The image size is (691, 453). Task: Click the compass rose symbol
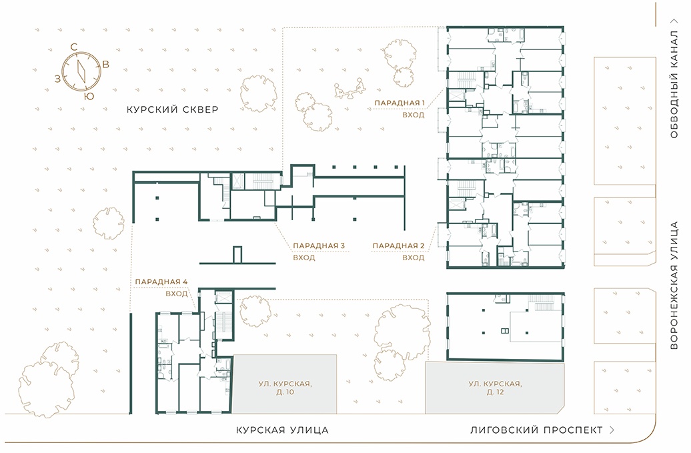(81, 71)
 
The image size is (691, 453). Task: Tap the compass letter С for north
(74, 47)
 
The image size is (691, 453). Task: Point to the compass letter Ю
(89, 96)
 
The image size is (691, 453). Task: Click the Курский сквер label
(172, 109)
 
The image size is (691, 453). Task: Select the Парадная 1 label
(400, 103)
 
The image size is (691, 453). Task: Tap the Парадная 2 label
(398, 246)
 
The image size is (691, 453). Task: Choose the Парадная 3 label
(319, 246)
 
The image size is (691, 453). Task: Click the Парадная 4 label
(161, 282)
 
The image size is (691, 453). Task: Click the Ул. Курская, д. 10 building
(285, 384)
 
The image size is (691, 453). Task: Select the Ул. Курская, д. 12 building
(495, 388)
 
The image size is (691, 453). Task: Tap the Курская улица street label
(282, 430)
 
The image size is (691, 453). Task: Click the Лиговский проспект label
(536, 430)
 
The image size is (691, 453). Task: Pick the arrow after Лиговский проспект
(612, 430)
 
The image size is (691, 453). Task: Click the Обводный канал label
(674, 84)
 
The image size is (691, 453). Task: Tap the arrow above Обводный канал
(674, 21)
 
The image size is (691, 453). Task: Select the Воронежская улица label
(674, 286)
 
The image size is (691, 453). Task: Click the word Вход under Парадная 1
(414, 115)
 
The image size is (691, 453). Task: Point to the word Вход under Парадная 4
(177, 294)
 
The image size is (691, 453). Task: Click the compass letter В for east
(106, 64)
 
